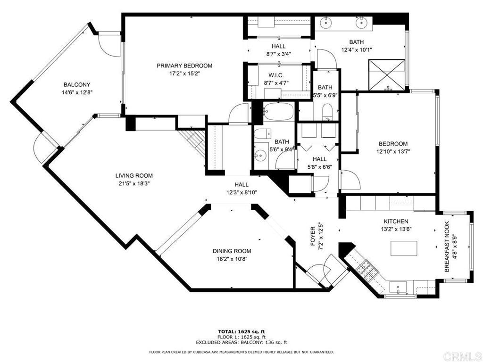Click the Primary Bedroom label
[x=184, y=66]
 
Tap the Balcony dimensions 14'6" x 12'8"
[x=77, y=92]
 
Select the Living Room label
[x=134, y=176]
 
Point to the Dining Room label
[x=232, y=251]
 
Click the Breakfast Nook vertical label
[x=447, y=247]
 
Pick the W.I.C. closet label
[x=276, y=75]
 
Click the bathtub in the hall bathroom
[x=278, y=112]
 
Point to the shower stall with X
[x=387, y=75]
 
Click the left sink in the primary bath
[x=325, y=22]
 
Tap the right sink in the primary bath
[x=360, y=22]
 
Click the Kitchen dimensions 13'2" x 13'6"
[x=396, y=229]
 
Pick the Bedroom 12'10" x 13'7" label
[x=393, y=148]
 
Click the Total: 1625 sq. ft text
[x=241, y=331]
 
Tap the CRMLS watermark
[x=462, y=356]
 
